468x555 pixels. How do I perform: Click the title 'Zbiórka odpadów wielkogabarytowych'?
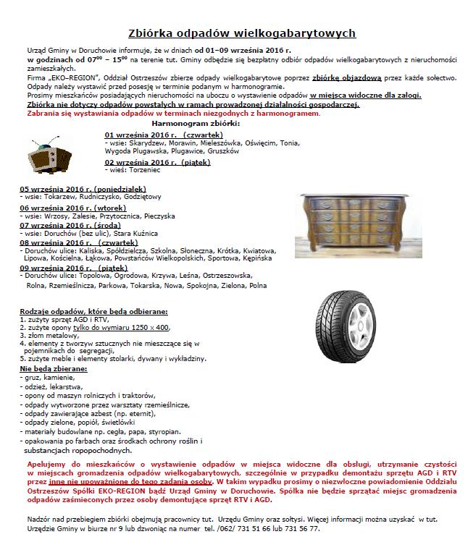pos(241,33)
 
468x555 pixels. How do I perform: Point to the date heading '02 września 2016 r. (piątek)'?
pos(157,162)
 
